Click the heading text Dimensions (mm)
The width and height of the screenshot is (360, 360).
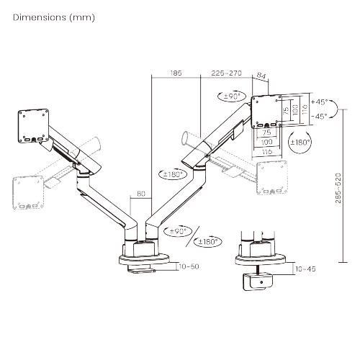click(x=54, y=17)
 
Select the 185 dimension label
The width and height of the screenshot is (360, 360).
click(x=176, y=73)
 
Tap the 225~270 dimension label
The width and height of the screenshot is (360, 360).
click(x=226, y=73)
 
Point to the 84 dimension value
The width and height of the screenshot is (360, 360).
click(x=261, y=76)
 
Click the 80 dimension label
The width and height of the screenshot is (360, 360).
click(x=141, y=194)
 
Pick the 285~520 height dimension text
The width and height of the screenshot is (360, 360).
click(x=338, y=188)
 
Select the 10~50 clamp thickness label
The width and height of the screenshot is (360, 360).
click(x=189, y=266)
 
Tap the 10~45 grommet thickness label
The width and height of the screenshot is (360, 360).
click(x=305, y=269)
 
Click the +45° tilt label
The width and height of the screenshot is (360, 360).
click(x=319, y=102)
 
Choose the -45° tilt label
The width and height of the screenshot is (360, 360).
click(x=319, y=117)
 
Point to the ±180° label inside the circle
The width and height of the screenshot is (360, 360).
click(x=300, y=143)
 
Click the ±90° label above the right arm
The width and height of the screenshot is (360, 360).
click(x=232, y=96)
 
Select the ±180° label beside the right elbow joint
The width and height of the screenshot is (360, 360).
click(x=173, y=174)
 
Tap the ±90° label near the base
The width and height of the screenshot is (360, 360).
click(x=178, y=231)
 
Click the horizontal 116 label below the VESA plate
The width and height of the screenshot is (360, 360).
click(x=267, y=151)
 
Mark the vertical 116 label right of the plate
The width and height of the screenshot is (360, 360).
click(x=305, y=109)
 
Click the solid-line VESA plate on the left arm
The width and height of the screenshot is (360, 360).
click(x=34, y=126)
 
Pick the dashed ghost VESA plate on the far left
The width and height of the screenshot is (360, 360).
click(x=28, y=193)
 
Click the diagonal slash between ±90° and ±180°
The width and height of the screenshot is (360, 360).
click(x=193, y=236)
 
